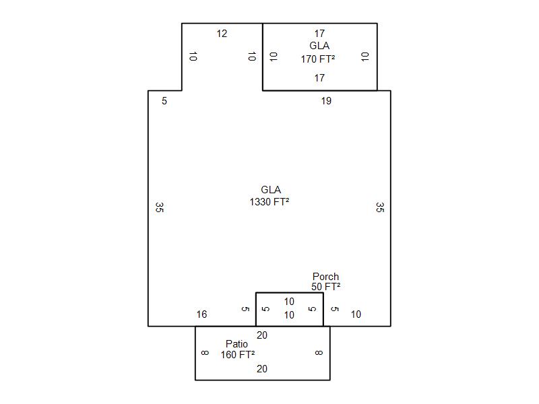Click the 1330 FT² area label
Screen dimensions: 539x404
269,201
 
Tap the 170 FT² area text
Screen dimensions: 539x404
318,59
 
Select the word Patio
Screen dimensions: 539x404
236,343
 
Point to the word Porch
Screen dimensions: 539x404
325,276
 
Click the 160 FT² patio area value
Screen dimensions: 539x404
238,355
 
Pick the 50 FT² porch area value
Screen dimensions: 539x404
326,287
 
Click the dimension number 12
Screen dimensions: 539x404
222,34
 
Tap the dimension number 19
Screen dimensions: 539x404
326,101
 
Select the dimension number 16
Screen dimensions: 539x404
201,314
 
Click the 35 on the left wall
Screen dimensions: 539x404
159,207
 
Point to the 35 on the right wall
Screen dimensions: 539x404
380,207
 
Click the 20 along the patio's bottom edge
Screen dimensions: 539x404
262,369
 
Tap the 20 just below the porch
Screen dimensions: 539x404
262,335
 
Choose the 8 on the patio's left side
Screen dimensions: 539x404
205,353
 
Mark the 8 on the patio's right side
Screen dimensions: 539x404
319,353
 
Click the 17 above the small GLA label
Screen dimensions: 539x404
319,34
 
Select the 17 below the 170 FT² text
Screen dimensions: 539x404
319,78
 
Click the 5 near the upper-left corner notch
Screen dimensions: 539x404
164,101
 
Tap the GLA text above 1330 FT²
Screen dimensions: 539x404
271,190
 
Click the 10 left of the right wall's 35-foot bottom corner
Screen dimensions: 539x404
356,314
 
